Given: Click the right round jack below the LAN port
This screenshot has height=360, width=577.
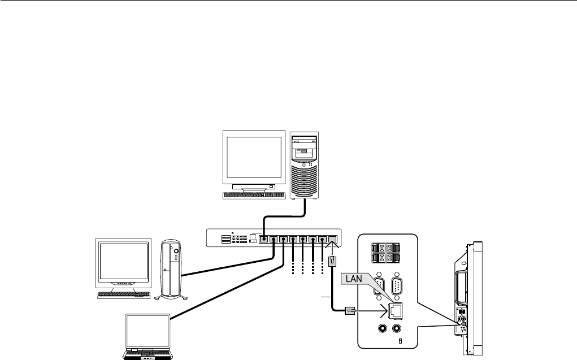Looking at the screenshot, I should (x=399, y=328).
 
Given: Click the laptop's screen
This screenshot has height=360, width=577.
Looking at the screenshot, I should (x=147, y=333).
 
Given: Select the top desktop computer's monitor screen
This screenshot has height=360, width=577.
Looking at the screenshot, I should (x=253, y=159).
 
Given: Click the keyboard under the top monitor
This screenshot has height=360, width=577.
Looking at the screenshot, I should (x=254, y=195).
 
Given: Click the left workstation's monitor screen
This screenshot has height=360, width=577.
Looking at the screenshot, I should (x=124, y=262).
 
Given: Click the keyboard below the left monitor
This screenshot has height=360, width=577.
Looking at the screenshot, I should (x=124, y=295).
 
